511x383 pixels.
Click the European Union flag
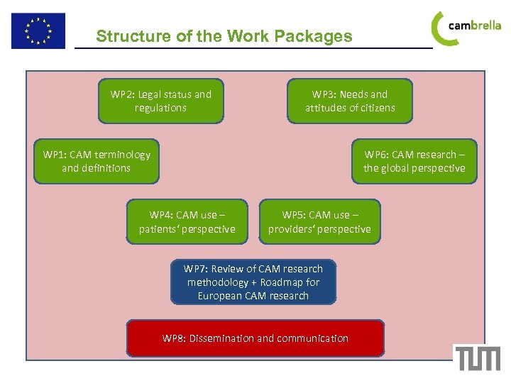click(x=38, y=31)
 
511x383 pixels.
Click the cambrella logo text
click(x=475, y=26)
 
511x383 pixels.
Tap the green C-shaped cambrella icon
click(x=441, y=28)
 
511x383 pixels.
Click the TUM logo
click(x=478, y=358)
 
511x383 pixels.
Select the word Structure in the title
click(x=131, y=36)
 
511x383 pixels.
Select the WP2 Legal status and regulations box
click(x=160, y=101)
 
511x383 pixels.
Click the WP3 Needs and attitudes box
click(x=350, y=101)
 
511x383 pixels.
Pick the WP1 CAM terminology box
click(x=97, y=161)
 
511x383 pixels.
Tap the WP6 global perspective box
click(x=414, y=161)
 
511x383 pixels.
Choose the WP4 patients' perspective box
click(x=187, y=222)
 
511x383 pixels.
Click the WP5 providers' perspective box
click(x=319, y=222)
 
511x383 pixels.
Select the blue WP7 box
click(x=253, y=282)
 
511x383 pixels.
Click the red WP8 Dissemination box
click(x=255, y=338)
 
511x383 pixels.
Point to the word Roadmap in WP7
click(x=282, y=282)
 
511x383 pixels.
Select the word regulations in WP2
click(x=160, y=108)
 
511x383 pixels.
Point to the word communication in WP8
click(x=312, y=338)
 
